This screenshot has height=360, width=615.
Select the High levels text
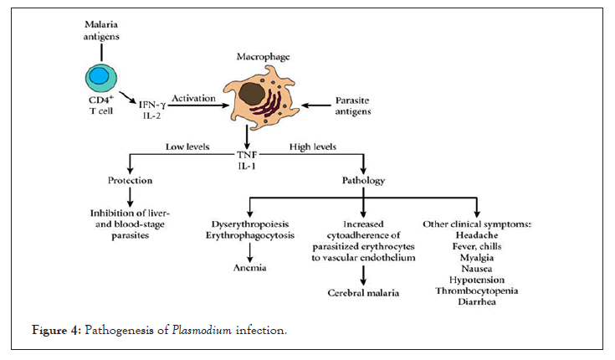tap(313, 147)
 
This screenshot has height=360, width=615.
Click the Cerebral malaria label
tap(363, 293)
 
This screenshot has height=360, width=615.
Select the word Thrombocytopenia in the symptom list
tap(476, 290)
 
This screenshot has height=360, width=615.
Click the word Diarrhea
tap(476, 302)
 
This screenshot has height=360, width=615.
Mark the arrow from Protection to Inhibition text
tap(131, 198)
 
